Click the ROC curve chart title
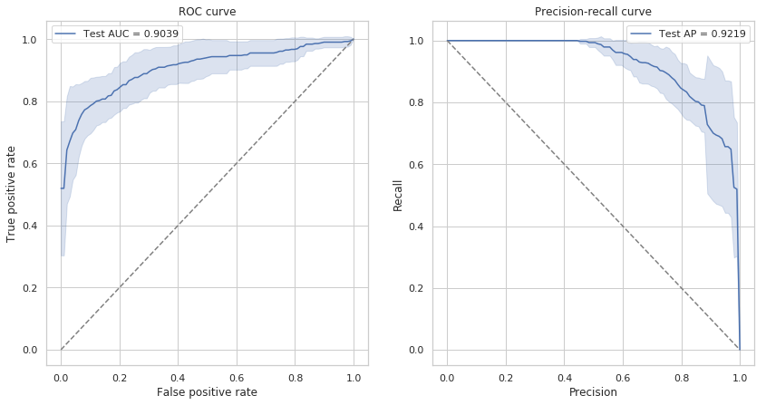207,12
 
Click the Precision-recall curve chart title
593,12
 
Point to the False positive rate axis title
207,392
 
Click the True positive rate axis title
12,194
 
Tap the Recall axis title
398,194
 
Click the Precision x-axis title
593,392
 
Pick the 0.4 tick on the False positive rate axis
178,375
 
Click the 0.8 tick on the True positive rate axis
30,101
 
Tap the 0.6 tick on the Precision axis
623,375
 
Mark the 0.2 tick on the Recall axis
416,288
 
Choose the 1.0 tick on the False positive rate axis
354,375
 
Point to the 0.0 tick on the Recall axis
416,350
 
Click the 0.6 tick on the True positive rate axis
30,164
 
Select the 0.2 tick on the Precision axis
506,375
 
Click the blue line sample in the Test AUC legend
65,34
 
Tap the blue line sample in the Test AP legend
641,34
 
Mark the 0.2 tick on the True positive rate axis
30,288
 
